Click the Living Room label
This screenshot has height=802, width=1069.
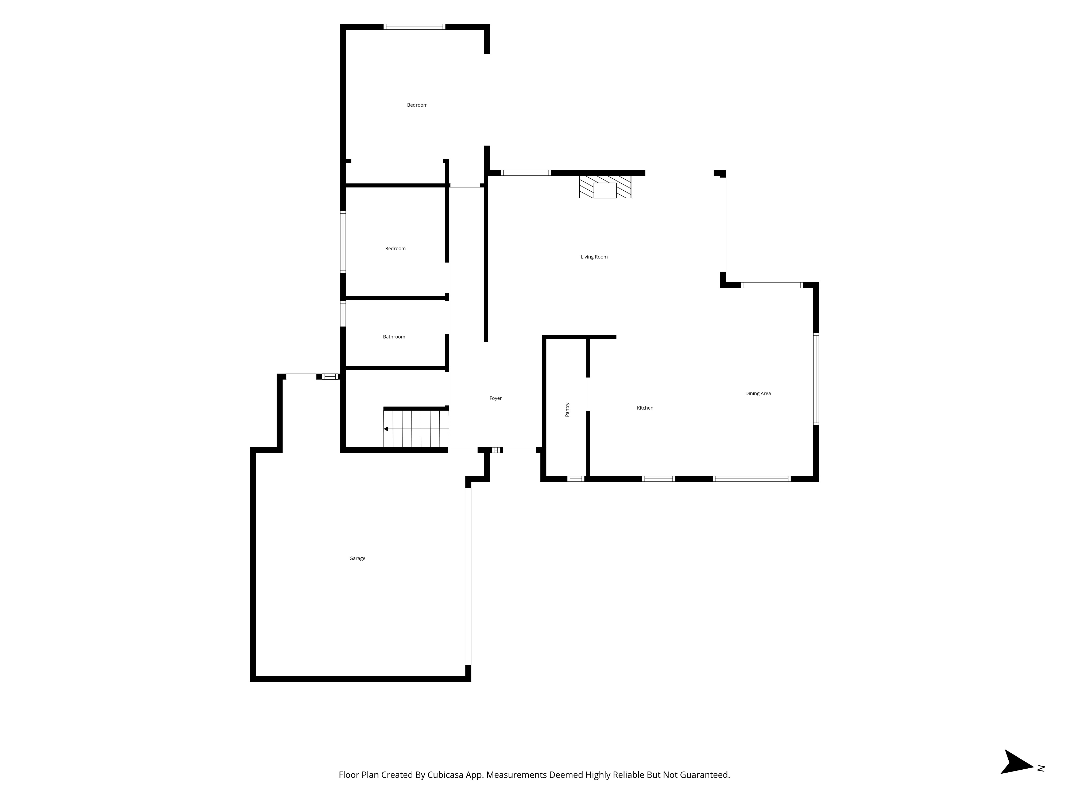tap(594, 257)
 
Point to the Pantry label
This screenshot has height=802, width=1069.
tap(567, 410)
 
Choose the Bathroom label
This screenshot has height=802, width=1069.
tap(394, 337)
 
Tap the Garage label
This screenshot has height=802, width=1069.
tap(357, 558)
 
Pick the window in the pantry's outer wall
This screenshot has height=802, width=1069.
tap(576, 479)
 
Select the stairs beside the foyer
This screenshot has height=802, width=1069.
tap(416, 428)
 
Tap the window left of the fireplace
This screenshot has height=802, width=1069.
tap(525, 173)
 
